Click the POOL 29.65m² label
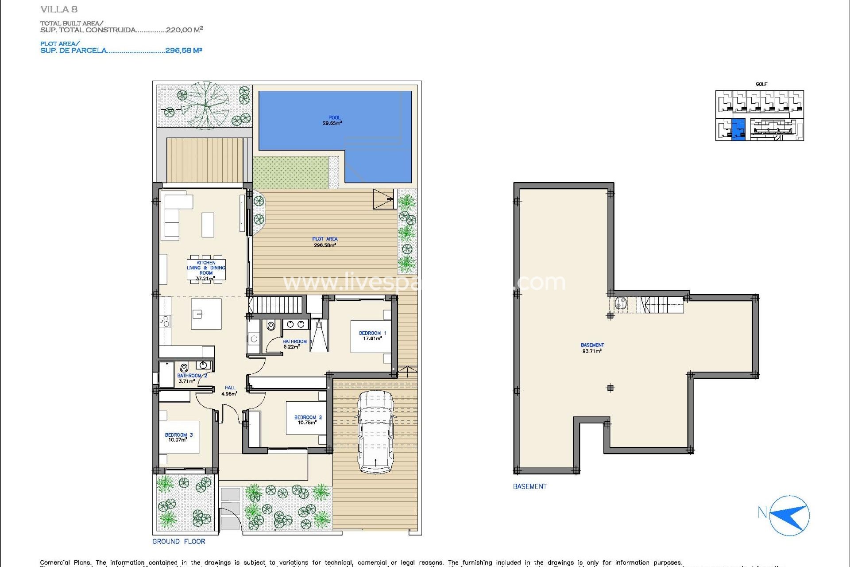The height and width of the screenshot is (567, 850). click(332, 120)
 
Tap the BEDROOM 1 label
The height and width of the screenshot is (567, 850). click(372, 336)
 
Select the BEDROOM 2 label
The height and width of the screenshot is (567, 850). click(308, 420)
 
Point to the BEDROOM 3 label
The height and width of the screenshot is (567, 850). click(178, 437)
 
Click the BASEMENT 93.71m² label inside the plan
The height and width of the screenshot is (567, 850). click(592, 348)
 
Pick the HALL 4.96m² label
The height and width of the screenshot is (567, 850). click(229, 391)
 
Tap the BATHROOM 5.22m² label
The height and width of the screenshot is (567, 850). click(294, 344)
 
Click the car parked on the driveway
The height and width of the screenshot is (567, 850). click(375, 432)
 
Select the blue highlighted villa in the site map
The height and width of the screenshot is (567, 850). click(738, 129)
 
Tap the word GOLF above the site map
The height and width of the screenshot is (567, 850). click(761, 84)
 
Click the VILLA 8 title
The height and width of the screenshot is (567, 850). click(59, 9)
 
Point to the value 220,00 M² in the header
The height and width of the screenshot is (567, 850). click(184, 30)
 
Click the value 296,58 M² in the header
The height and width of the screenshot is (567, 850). click(183, 50)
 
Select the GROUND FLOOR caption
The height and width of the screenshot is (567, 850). click(179, 541)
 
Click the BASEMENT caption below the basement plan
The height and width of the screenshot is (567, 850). click(529, 486)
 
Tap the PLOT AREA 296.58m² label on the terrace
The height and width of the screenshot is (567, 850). click(325, 242)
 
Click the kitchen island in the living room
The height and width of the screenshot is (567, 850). click(206, 314)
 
